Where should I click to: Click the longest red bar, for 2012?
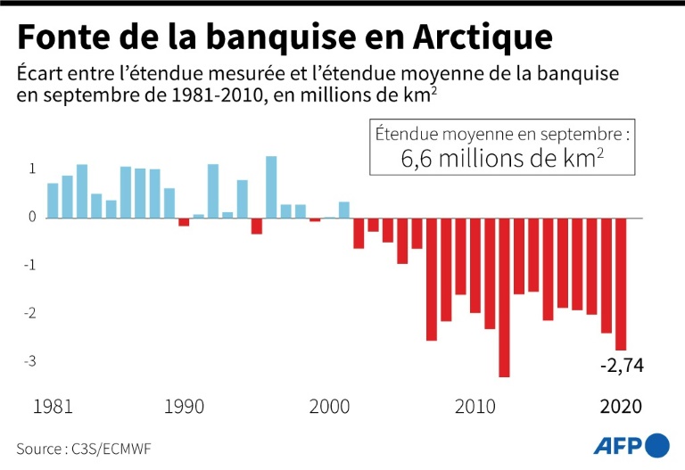[x=504, y=297]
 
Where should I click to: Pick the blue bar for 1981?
[x=53, y=201]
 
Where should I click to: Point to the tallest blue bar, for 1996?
[x=271, y=187]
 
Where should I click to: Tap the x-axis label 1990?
[x=184, y=407]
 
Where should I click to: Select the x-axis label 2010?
[x=475, y=407]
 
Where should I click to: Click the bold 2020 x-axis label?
[x=620, y=407]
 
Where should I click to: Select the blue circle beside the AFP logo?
[x=657, y=445]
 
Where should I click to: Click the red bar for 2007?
[x=432, y=278]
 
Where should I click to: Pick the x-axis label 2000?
[x=329, y=407]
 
